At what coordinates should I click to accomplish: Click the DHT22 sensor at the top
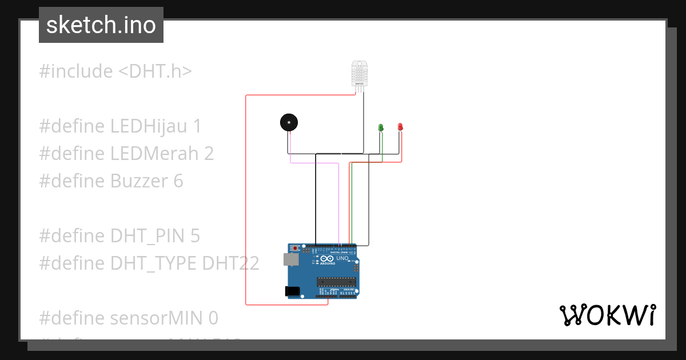[x=360, y=73]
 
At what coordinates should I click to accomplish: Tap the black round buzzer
[x=289, y=122]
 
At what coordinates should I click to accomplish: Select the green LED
[x=381, y=127]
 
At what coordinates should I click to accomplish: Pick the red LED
[x=400, y=126]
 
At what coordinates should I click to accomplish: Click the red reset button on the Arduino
[x=295, y=249]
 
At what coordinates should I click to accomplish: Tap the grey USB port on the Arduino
[x=290, y=259]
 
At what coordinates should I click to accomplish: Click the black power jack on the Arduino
[x=293, y=291]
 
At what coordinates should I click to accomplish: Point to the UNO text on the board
[x=342, y=258]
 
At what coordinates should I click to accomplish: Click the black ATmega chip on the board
[x=337, y=281]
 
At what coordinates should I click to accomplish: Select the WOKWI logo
[x=607, y=315]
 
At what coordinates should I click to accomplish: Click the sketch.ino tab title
[x=101, y=25]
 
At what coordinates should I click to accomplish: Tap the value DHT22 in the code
[x=231, y=263]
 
